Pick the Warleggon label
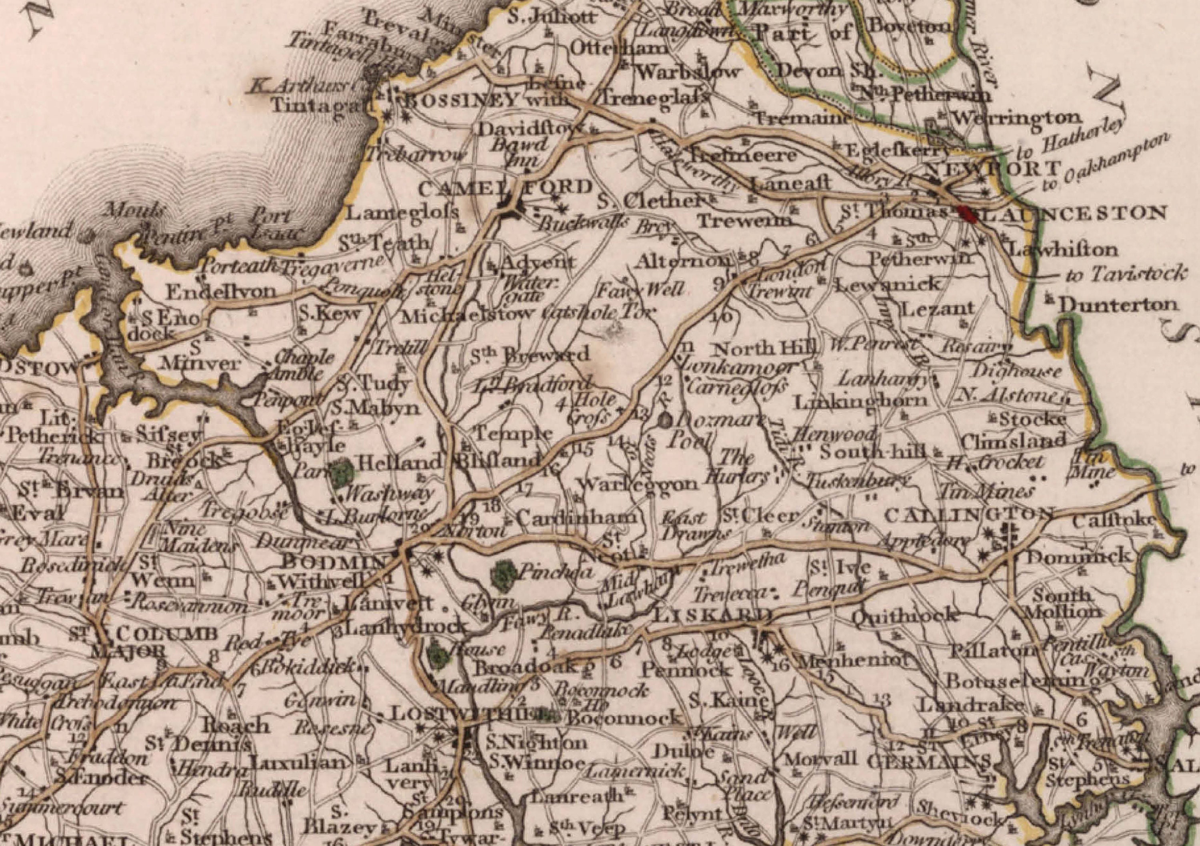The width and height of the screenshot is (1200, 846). (x=638, y=484)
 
